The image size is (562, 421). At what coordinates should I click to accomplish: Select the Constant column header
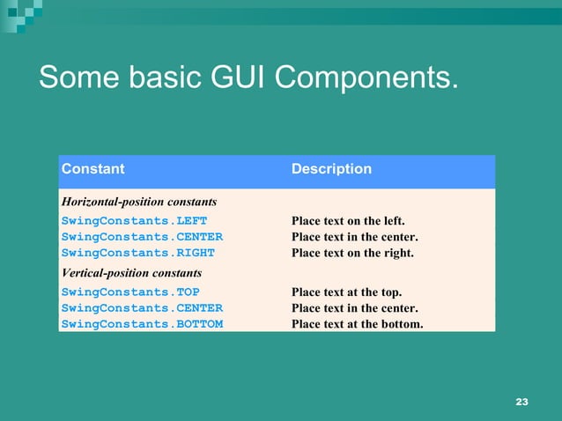pos(92,169)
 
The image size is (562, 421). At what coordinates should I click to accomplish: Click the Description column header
pos(331,169)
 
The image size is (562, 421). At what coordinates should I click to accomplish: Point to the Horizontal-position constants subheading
pos(138,203)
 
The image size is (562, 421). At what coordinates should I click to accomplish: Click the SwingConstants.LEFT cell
pos(134,220)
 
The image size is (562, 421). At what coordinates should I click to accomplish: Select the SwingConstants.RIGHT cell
pos(137,253)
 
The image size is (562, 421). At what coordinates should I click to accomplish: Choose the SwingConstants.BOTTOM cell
pos(142,324)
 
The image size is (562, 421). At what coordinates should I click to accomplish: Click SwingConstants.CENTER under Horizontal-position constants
pos(142,237)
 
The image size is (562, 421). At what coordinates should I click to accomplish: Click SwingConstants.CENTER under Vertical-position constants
pos(142,308)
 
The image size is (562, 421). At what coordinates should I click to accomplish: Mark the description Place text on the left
pos(348,220)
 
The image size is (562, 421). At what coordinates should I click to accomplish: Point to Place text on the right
pos(352,253)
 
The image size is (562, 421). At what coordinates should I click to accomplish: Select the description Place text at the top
pos(346,292)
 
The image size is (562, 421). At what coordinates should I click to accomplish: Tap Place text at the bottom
pos(357,324)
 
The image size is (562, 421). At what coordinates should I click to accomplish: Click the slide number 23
pos(521,402)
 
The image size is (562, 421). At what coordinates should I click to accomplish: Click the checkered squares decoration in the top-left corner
pos(22,10)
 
